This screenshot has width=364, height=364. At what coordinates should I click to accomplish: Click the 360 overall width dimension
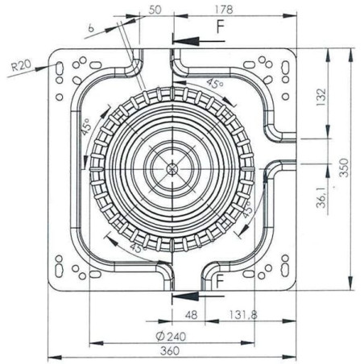170,351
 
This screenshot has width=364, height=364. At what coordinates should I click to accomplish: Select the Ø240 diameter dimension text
171,337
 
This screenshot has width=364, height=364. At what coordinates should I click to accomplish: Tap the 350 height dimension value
344,168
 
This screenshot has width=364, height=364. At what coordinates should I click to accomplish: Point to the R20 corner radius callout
21,65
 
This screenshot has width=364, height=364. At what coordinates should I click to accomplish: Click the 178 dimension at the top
224,10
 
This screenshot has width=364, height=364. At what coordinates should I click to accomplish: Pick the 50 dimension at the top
155,10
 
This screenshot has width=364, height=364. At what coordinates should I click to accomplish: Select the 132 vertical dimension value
321,97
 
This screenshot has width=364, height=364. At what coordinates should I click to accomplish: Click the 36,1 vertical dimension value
321,197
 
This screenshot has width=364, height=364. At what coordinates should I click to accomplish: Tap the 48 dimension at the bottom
191,315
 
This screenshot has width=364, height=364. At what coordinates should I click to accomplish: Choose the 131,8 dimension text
242,315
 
